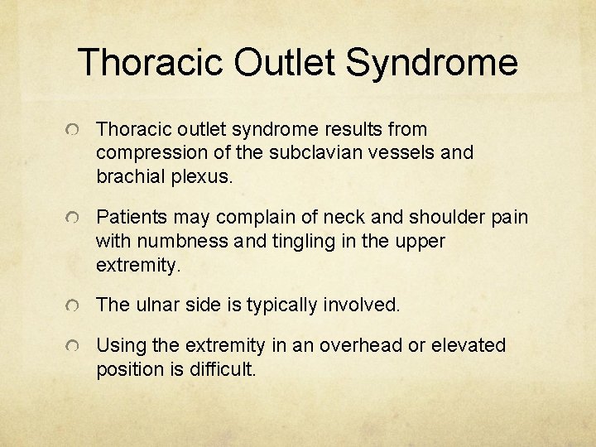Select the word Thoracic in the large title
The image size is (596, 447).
click(x=150, y=63)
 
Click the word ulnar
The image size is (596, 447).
click(x=153, y=305)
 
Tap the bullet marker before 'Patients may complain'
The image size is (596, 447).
click(x=74, y=219)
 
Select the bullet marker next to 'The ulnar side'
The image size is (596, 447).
click(x=74, y=306)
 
